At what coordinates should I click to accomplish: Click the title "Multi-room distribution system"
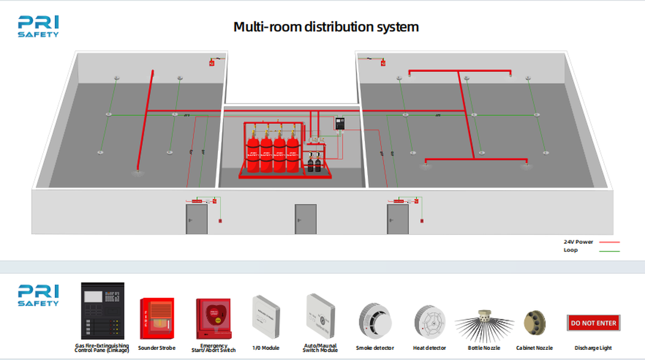(x=326, y=27)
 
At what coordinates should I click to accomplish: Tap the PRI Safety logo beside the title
(x=38, y=26)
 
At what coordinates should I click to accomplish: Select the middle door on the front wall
(x=305, y=219)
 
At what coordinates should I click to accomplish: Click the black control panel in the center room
(x=341, y=124)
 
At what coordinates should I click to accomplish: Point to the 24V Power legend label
(x=578, y=242)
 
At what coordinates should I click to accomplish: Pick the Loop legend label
(x=571, y=250)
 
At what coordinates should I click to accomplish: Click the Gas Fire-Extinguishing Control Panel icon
(x=102, y=310)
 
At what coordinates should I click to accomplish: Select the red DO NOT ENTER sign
(x=593, y=323)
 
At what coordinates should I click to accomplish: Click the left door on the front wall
(x=196, y=219)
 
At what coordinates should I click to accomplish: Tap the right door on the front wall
(x=398, y=219)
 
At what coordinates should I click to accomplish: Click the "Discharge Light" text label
(x=593, y=348)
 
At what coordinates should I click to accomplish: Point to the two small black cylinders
(x=313, y=164)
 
